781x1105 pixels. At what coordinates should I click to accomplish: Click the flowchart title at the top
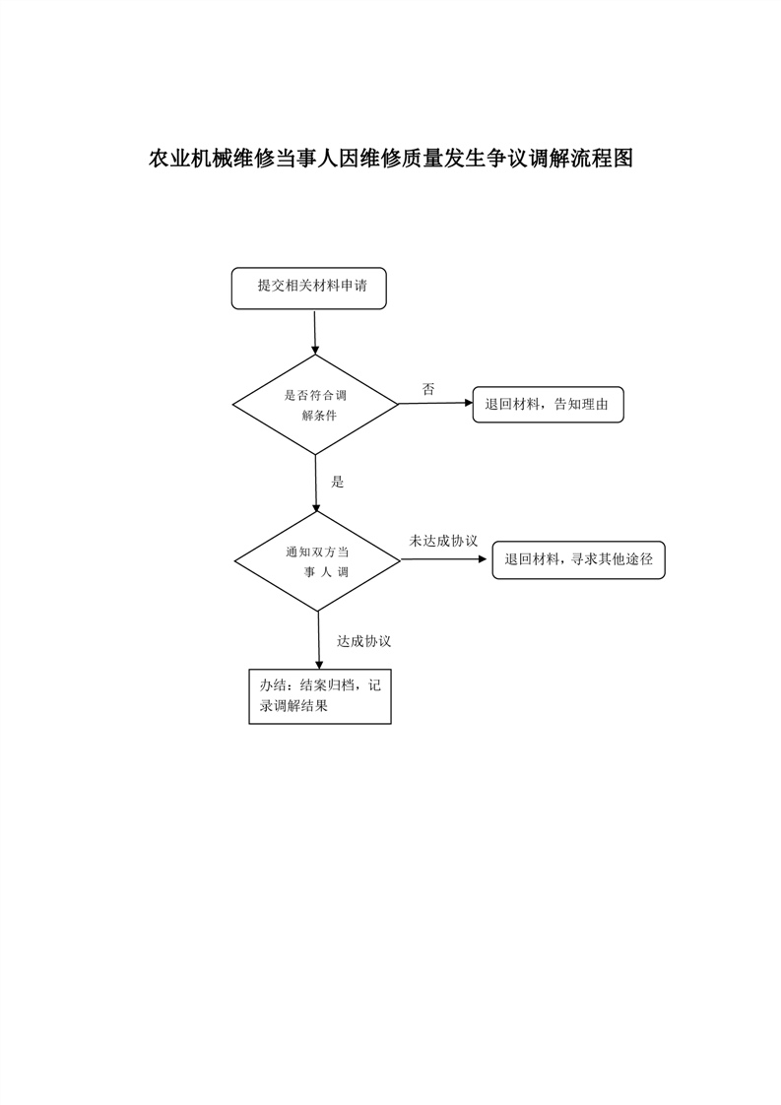(390, 159)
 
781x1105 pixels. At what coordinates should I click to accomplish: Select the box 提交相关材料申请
(308, 289)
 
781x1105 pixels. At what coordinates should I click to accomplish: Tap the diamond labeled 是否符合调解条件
(316, 405)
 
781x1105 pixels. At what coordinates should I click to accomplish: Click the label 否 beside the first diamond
(428, 389)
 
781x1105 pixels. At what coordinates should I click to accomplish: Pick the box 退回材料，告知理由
(549, 405)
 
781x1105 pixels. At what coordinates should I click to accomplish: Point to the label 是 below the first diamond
(338, 482)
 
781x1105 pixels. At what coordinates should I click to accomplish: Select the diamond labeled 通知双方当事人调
(317, 561)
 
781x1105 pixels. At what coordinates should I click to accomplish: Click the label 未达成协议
(443, 541)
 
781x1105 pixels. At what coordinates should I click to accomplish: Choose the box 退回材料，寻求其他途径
(579, 560)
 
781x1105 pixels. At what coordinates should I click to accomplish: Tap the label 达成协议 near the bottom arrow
(363, 641)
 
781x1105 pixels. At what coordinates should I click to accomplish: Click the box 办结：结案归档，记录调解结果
(320, 696)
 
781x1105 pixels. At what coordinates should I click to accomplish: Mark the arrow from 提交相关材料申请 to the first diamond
(315, 332)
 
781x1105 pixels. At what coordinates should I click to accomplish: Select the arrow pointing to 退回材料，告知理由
(435, 404)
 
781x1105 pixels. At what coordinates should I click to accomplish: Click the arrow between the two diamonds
(316, 484)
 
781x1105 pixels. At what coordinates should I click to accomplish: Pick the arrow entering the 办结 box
(318, 640)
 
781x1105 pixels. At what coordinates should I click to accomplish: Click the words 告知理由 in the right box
(581, 405)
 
